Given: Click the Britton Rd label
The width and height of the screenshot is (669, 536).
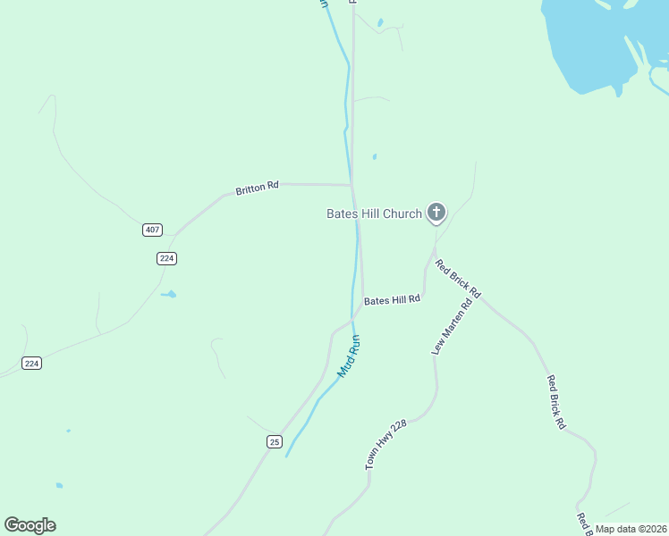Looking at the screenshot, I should [257, 188].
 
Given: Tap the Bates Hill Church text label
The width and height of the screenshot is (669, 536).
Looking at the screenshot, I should [373, 214].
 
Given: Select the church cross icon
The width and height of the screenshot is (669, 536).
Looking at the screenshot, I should [436, 213].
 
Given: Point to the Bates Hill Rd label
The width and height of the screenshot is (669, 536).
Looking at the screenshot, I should [392, 300].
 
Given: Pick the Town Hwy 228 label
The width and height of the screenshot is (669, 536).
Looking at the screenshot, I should [385, 445].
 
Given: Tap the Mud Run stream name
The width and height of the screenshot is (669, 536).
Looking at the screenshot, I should [348, 356].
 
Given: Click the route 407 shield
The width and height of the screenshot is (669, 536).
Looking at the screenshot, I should [152, 230].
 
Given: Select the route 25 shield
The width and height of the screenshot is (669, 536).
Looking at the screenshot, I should [274, 441].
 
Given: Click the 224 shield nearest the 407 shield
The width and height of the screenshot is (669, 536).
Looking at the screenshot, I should [167, 258].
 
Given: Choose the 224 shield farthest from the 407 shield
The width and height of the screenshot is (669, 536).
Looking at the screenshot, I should [32, 363].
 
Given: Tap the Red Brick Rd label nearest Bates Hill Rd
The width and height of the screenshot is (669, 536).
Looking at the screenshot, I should [458, 278].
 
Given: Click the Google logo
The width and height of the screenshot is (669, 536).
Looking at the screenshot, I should [30, 525].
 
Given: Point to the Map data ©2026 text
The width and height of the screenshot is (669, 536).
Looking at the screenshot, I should [630, 529].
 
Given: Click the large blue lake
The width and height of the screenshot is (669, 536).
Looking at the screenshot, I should [590, 45].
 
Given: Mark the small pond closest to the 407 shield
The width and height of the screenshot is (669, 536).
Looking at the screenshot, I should [168, 293].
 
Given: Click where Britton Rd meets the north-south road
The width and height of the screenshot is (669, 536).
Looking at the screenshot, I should [351, 185].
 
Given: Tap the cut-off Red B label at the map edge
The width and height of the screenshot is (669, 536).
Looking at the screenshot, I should [585, 525].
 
